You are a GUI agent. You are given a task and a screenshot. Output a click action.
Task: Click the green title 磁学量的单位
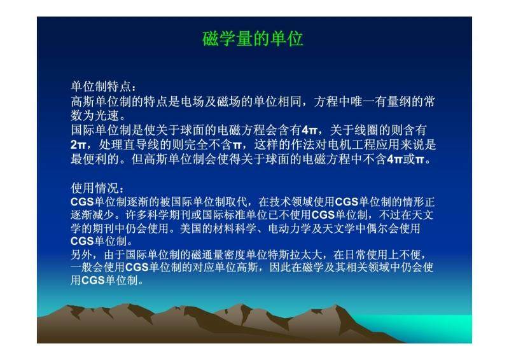tap(253, 39)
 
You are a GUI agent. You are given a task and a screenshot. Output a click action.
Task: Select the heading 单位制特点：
tap(104, 87)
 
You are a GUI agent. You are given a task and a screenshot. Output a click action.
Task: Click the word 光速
tap(107, 115)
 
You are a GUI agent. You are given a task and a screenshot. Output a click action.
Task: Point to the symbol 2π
tap(78, 145)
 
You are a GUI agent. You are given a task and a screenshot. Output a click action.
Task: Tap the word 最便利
tap(89, 159)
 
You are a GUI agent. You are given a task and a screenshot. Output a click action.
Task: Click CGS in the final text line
tap(93, 280)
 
